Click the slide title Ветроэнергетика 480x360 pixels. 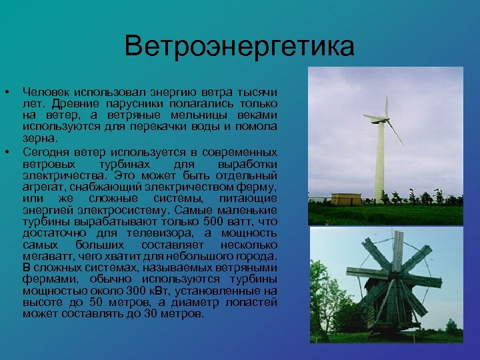click(x=239, y=47)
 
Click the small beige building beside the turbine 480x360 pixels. click(x=345, y=198)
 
